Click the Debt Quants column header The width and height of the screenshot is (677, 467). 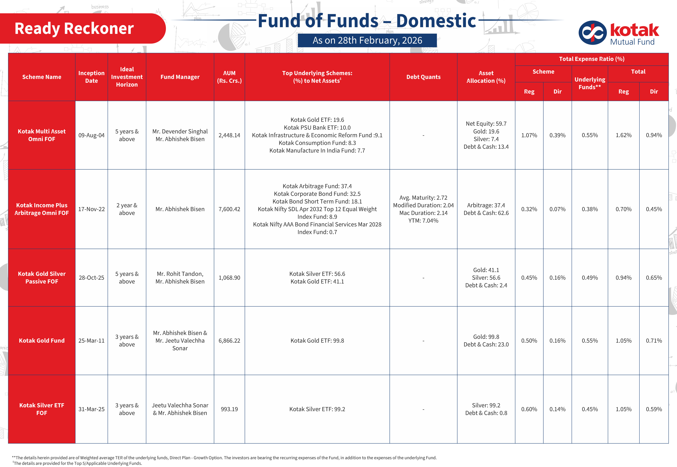click(423, 77)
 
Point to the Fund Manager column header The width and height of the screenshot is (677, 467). click(180, 77)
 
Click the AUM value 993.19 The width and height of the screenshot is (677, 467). click(229, 409)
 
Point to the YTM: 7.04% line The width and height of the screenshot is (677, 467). click(423, 221)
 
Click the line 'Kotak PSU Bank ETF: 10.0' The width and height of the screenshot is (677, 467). click(317, 128)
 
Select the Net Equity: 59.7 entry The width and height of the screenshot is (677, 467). click(486, 124)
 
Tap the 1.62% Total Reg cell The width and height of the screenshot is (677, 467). click(624, 135)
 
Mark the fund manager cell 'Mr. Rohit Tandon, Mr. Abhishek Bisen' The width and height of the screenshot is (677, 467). click(180, 278)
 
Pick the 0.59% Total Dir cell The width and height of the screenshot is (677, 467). click(654, 409)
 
